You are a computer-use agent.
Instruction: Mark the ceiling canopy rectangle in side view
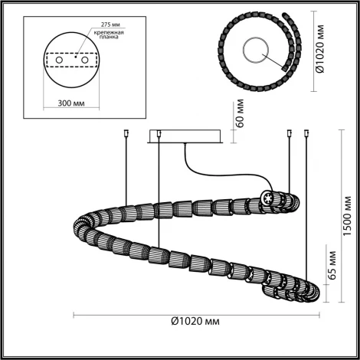[186, 135]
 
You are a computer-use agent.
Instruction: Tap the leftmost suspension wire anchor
[125, 136]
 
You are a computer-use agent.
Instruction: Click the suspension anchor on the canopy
[158, 136]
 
